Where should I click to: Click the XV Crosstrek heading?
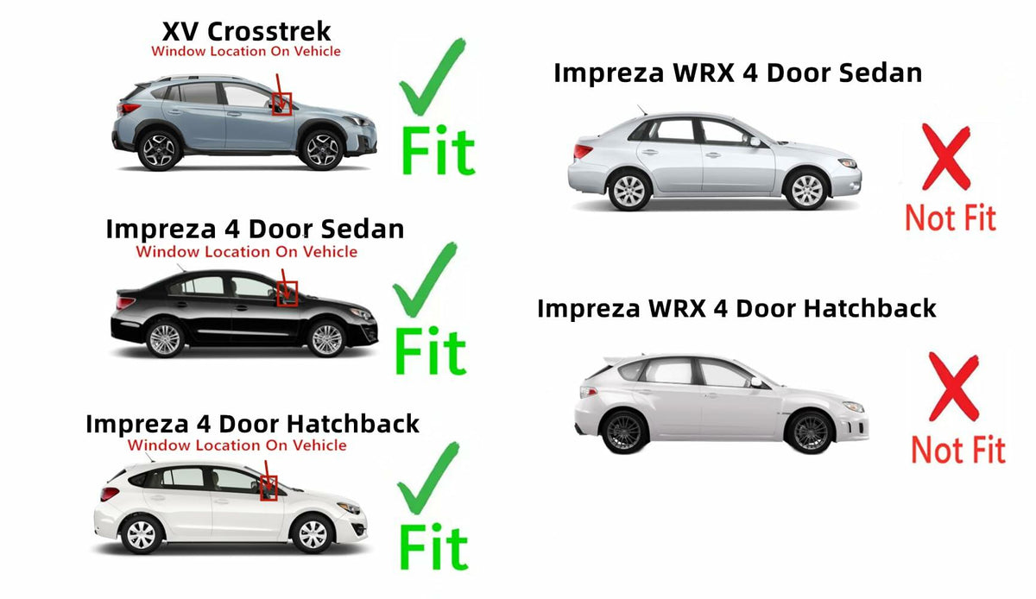(247, 31)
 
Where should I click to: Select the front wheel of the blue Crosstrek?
(322, 149)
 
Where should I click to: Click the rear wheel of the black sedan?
(165, 339)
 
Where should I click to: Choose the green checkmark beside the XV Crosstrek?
(432, 77)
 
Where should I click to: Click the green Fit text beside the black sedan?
(430, 350)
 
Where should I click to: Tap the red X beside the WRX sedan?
(946, 157)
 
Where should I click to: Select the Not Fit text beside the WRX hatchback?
(958, 450)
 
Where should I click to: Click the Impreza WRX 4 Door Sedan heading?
(737, 73)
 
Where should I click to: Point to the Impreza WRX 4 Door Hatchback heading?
(736, 308)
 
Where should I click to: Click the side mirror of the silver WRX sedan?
(755, 142)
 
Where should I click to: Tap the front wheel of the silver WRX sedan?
(806, 189)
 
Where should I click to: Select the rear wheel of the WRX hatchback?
(623, 432)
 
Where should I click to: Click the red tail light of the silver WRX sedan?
(582, 151)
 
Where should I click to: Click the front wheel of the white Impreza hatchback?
(313, 534)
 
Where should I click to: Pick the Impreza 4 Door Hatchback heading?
(252, 424)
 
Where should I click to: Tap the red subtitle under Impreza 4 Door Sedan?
(247, 252)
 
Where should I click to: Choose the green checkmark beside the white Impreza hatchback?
(428, 478)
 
